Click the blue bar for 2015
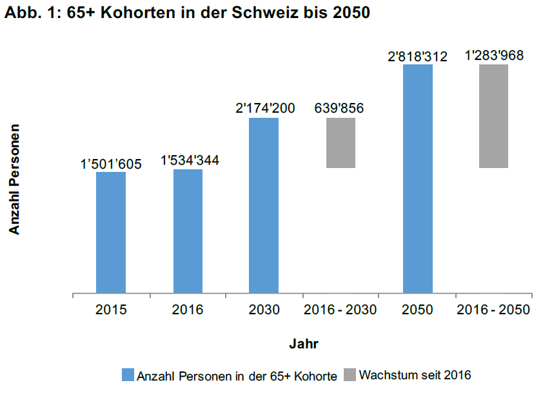pyautogui.click(x=111, y=232)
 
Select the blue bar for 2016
pyautogui.click(x=188, y=231)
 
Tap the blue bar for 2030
pyautogui.click(x=264, y=205)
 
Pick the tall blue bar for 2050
pyautogui.click(x=418, y=178)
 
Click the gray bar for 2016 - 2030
pyautogui.click(x=341, y=143)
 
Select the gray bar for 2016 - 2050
pyautogui.click(x=494, y=116)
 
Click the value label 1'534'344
pyautogui.click(x=189, y=160)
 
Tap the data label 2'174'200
pyautogui.click(x=265, y=108)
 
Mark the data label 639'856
pyautogui.click(x=339, y=108)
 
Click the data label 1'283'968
pyautogui.click(x=494, y=55)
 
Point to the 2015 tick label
pyautogui.click(x=111, y=310)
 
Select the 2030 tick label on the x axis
pyautogui.click(x=264, y=310)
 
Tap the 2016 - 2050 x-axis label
pyautogui.click(x=493, y=310)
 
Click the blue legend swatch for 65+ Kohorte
pyautogui.click(x=128, y=375)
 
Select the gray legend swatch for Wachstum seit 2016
pyautogui.click(x=349, y=375)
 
